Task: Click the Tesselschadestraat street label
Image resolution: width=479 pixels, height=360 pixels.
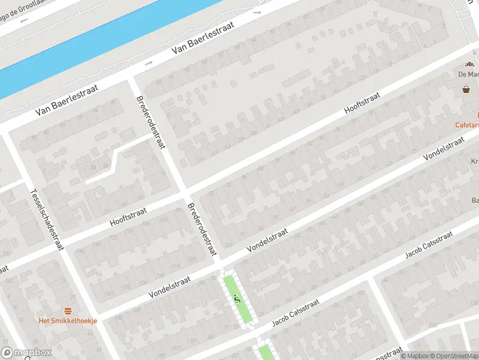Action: tap(47, 220)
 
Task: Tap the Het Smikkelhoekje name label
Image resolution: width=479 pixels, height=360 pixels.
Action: tap(68, 320)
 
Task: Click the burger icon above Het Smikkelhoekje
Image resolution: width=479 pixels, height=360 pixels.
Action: tap(68, 311)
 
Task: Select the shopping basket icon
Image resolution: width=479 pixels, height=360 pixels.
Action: tap(466, 89)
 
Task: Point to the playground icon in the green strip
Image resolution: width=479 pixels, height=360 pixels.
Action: tap(238, 296)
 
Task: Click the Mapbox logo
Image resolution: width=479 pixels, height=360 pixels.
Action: tap(26, 353)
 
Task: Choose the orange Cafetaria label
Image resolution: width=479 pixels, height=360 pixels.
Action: tap(467, 125)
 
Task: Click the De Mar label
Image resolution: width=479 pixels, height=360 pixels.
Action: tap(468, 75)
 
